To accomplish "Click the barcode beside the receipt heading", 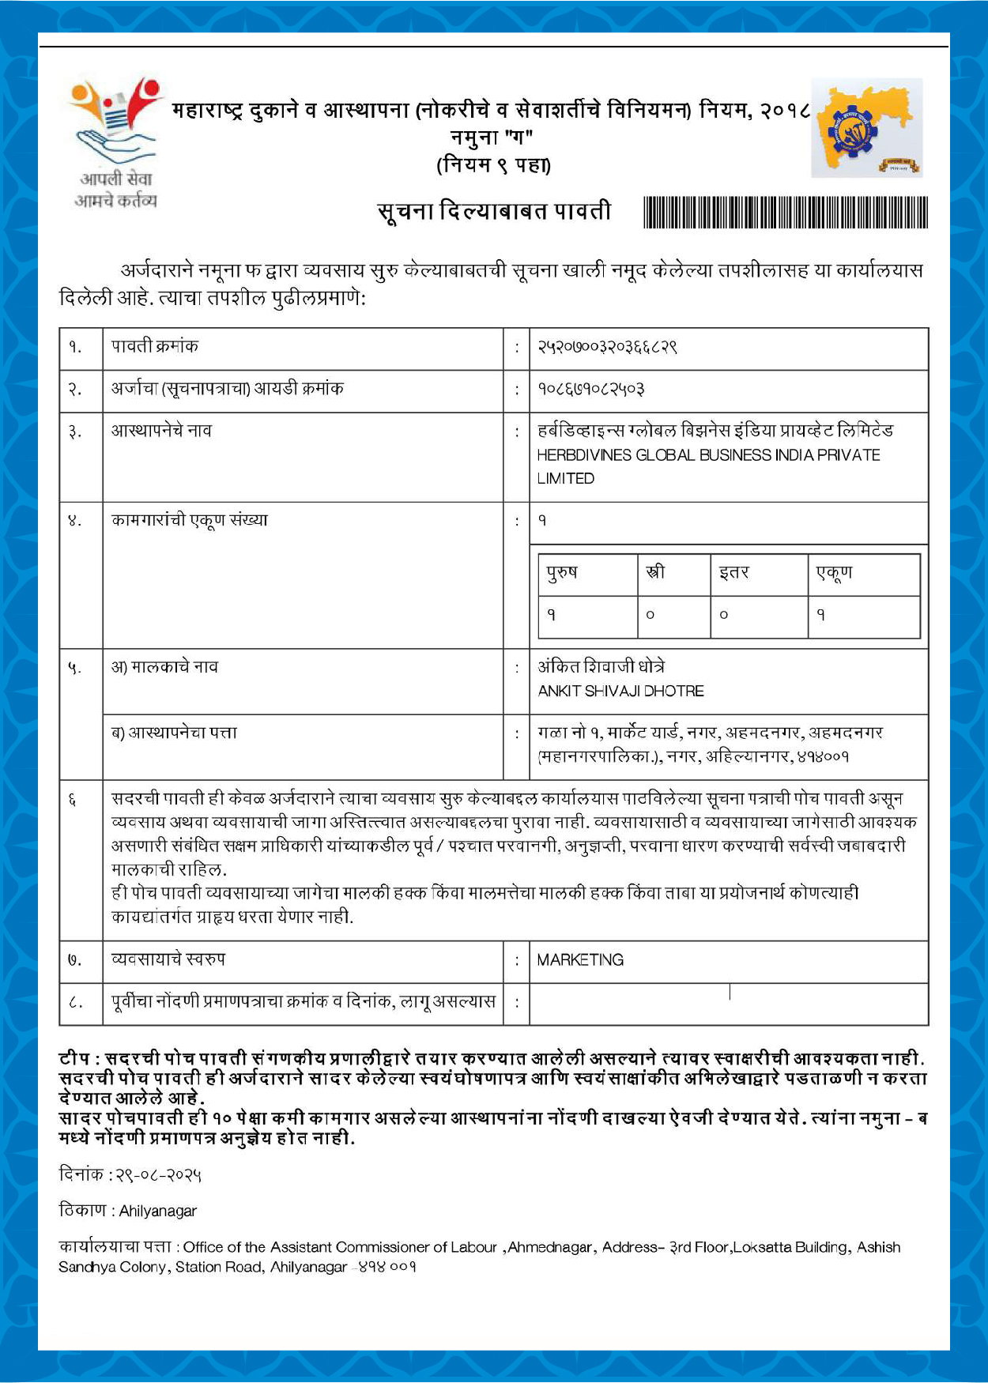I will pyautogui.click(x=786, y=213).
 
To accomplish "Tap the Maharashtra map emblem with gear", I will pyautogui.click(x=867, y=128).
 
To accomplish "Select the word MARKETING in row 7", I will pyautogui.click(x=580, y=960).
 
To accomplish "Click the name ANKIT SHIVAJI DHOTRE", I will pyautogui.click(x=620, y=691).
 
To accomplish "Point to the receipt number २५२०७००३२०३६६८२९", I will pyautogui.click(x=607, y=347).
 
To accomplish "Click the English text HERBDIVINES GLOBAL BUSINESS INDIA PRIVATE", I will pyautogui.click(x=708, y=455).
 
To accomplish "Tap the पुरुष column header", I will pyautogui.click(x=562, y=572).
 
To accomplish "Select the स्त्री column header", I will pyautogui.click(x=655, y=572).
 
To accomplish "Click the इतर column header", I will pyautogui.click(x=734, y=572).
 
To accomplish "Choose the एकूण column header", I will pyautogui.click(x=834, y=572).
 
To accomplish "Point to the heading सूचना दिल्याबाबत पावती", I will pyautogui.click(x=494, y=212).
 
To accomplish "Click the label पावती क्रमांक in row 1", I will pyautogui.click(x=155, y=346).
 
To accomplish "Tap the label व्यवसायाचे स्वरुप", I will pyautogui.click(x=168, y=959).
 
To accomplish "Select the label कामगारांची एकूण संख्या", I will pyautogui.click(x=190, y=521).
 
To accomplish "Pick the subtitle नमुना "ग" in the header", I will pyautogui.click(x=492, y=138).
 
